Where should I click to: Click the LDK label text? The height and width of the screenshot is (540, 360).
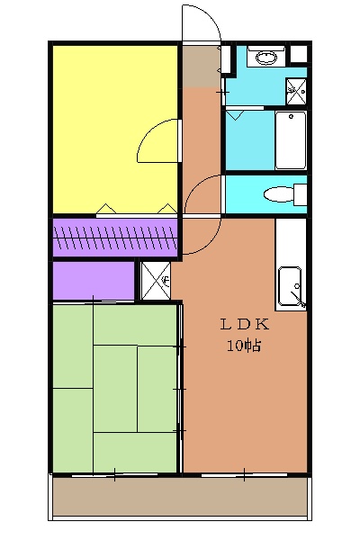pyautogui.click(x=244, y=324)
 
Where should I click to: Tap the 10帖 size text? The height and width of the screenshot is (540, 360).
pyautogui.click(x=243, y=345)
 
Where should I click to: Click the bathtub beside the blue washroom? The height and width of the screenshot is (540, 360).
pyautogui.click(x=291, y=140)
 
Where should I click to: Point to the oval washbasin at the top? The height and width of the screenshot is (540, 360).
pyautogui.click(x=266, y=58)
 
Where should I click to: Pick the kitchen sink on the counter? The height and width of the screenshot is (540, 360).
pyautogui.click(x=290, y=286)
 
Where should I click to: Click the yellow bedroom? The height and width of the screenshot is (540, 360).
pyautogui.click(x=114, y=129)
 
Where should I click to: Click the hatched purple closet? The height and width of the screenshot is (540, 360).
pyautogui.click(x=114, y=238)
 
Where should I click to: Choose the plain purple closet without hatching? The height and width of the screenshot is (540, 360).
pyautogui.click(x=94, y=281)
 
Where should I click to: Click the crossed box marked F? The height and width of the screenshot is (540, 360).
pyautogui.click(x=156, y=281)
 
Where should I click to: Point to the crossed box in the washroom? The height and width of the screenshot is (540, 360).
pyautogui.click(x=296, y=92)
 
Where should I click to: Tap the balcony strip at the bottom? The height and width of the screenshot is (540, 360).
pyautogui.click(x=179, y=497)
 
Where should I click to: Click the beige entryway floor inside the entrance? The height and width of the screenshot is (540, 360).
pyautogui.click(x=202, y=67)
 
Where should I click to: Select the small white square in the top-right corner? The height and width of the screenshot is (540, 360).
pyautogui.click(x=298, y=54)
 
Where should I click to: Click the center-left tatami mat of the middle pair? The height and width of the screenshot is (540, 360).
pyautogui.click(x=115, y=389)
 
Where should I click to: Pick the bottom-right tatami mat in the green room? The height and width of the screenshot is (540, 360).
pyautogui.click(x=135, y=452)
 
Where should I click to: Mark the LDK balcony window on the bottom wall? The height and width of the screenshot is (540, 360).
pyautogui.click(x=244, y=474)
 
